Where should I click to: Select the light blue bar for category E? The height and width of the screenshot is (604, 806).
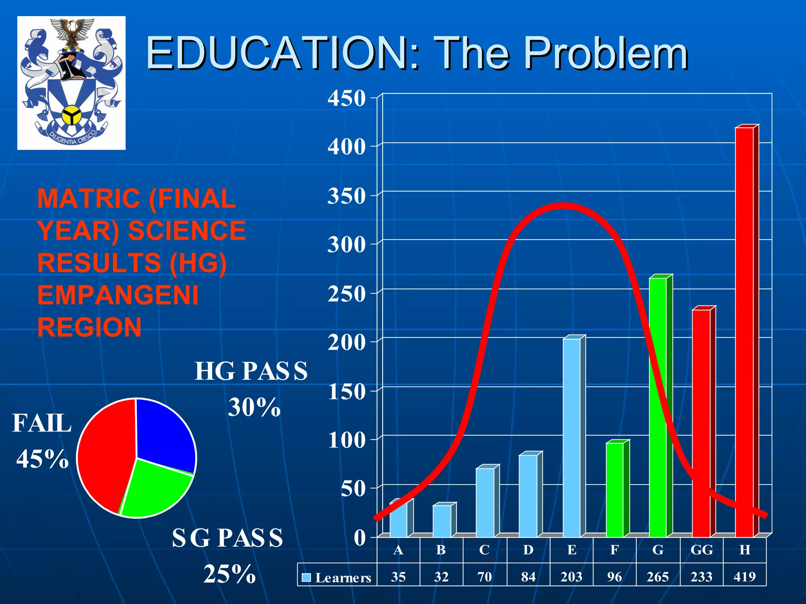(x=571, y=436)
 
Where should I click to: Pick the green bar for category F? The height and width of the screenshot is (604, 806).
(x=615, y=490)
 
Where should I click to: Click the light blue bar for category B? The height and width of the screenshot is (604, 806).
(x=442, y=521)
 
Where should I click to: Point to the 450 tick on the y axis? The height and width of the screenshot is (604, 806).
(x=346, y=98)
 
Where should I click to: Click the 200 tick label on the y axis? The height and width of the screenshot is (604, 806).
(x=346, y=343)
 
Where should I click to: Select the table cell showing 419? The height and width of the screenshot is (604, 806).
(x=745, y=576)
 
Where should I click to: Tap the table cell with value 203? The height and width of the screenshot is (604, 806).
(x=571, y=576)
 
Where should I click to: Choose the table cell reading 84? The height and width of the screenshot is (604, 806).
(x=528, y=576)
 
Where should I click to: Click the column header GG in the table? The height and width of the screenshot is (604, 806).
(x=701, y=550)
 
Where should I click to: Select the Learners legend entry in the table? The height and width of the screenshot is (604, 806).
(x=337, y=577)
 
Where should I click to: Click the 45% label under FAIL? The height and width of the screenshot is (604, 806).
(x=43, y=459)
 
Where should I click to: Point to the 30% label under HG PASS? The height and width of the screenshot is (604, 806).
(x=254, y=407)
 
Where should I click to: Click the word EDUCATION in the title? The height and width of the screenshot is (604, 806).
(x=277, y=53)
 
